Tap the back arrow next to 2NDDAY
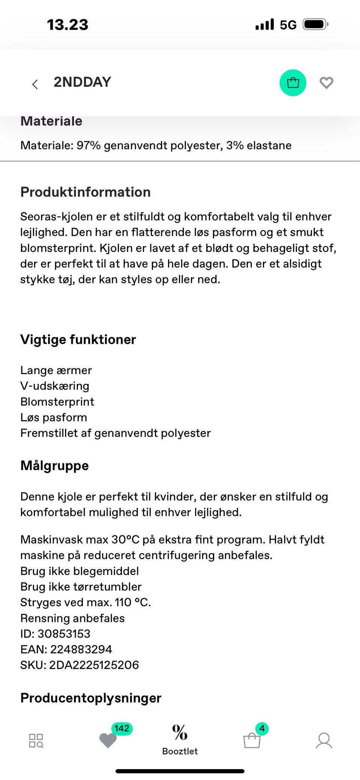click(x=35, y=84)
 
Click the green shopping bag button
click(x=293, y=83)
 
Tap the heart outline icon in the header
click(x=326, y=83)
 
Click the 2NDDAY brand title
click(x=82, y=82)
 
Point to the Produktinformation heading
click(x=85, y=192)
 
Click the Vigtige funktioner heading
click(x=78, y=339)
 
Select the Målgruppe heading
click(x=54, y=466)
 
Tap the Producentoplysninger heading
click(x=91, y=698)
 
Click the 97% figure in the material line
click(x=88, y=145)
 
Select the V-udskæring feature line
click(x=55, y=386)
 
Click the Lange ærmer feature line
click(x=56, y=370)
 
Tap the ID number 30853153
click(x=64, y=633)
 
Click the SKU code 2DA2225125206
click(x=94, y=665)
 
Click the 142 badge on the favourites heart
click(x=122, y=728)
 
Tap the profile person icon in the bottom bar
click(x=324, y=740)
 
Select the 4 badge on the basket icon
click(x=262, y=728)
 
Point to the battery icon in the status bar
click(x=315, y=25)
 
